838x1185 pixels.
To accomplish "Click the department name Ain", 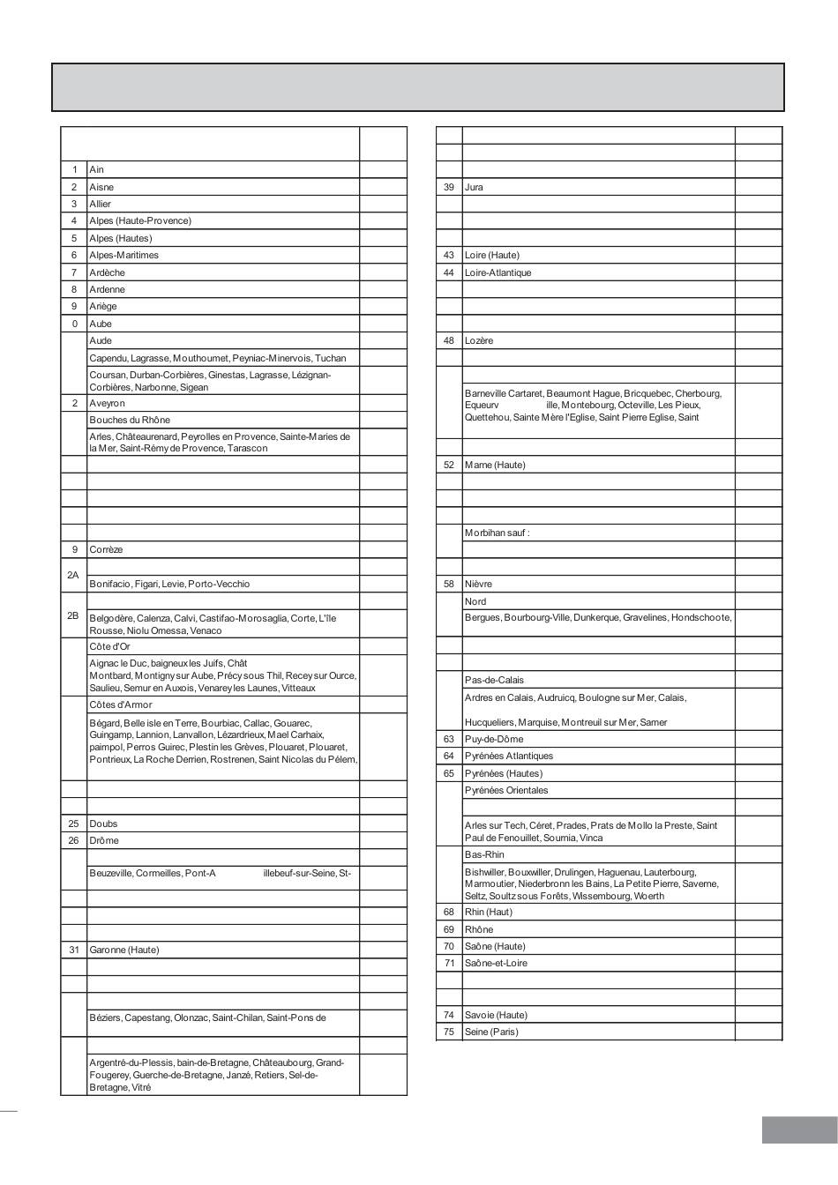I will click(x=96, y=169).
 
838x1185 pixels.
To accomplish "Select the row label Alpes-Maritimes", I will click(x=123, y=255).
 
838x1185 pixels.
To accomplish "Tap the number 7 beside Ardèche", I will click(x=74, y=272).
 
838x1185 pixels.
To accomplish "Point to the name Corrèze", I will click(x=106, y=549).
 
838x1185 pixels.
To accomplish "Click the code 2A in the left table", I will click(x=73, y=575).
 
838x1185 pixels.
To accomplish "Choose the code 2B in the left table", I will click(x=73, y=615).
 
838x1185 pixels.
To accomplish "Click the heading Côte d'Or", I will click(x=109, y=646).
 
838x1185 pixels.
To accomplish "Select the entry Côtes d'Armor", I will click(x=120, y=704).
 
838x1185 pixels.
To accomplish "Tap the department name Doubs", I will click(x=103, y=824).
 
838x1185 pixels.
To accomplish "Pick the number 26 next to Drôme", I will click(x=73, y=840).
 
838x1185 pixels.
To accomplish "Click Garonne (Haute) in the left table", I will click(x=123, y=950).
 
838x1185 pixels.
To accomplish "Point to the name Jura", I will click(x=474, y=187).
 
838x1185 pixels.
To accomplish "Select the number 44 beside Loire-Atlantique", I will click(x=449, y=272).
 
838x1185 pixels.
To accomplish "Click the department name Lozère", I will click(x=479, y=340).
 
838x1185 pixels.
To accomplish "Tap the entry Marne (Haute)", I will click(x=494, y=465).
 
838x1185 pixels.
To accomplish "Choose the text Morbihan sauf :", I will click(x=497, y=533).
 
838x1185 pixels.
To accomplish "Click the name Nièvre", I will click(x=478, y=584).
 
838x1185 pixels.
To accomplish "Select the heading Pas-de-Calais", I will click(x=494, y=680).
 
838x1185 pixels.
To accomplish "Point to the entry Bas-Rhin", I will click(x=484, y=854).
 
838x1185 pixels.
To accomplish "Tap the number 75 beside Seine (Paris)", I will click(x=449, y=1032).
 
